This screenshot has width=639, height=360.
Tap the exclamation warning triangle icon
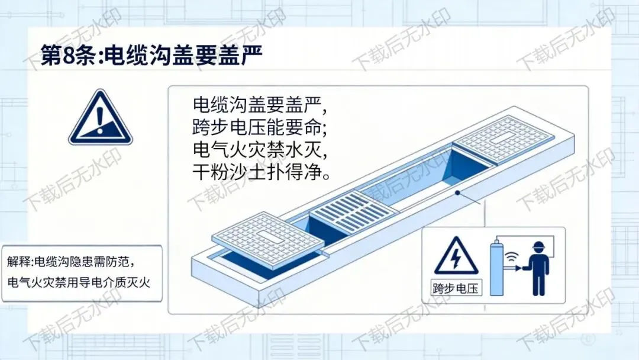coord(100,118)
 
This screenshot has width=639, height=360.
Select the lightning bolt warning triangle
coord(456,257)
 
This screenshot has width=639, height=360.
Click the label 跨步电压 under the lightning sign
coord(456,288)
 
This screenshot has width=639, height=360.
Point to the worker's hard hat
coord(539,247)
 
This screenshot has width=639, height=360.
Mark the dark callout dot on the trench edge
coord(457,193)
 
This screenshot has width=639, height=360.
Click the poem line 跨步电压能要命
coord(260,127)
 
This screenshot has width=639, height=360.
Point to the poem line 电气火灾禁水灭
coord(260,150)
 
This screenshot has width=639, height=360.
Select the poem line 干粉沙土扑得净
coord(262,172)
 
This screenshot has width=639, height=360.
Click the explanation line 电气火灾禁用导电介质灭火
coord(79,282)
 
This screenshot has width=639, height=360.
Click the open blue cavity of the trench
coord(424,179)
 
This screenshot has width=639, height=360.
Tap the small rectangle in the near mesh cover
coord(267,236)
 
